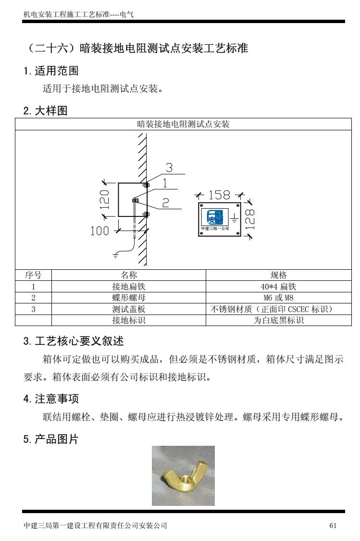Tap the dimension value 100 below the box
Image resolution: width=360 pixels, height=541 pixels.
point(99,231)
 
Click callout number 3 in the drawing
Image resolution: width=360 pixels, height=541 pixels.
point(169,168)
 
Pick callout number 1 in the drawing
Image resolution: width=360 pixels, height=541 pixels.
point(164,183)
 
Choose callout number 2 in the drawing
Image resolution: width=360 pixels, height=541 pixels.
point(165,203)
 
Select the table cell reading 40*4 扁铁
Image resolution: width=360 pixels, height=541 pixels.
point(278,287)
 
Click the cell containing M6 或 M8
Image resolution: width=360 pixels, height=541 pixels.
point(278,298)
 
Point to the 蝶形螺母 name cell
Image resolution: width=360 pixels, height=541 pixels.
point(128,298)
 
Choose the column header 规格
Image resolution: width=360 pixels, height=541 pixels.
point(278,275)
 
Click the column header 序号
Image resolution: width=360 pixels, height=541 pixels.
point(33,275)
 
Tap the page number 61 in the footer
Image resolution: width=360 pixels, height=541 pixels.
point(333,526)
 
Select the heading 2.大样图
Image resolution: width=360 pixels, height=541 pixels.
point(46,111)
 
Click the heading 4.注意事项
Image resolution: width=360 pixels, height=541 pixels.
point(51,399)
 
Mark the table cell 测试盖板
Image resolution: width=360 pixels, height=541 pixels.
point(128,309)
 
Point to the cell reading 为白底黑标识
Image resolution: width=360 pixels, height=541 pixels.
point(278,320)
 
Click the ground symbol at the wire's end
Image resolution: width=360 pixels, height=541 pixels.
point(115,255)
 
